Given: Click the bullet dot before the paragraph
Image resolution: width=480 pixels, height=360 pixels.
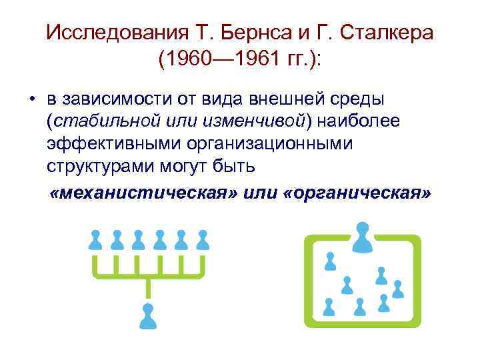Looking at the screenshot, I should [31, 100].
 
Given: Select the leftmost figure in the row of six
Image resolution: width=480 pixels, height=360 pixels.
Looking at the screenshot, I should [95, 239].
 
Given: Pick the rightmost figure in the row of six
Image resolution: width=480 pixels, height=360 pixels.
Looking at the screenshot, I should [203, 239].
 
